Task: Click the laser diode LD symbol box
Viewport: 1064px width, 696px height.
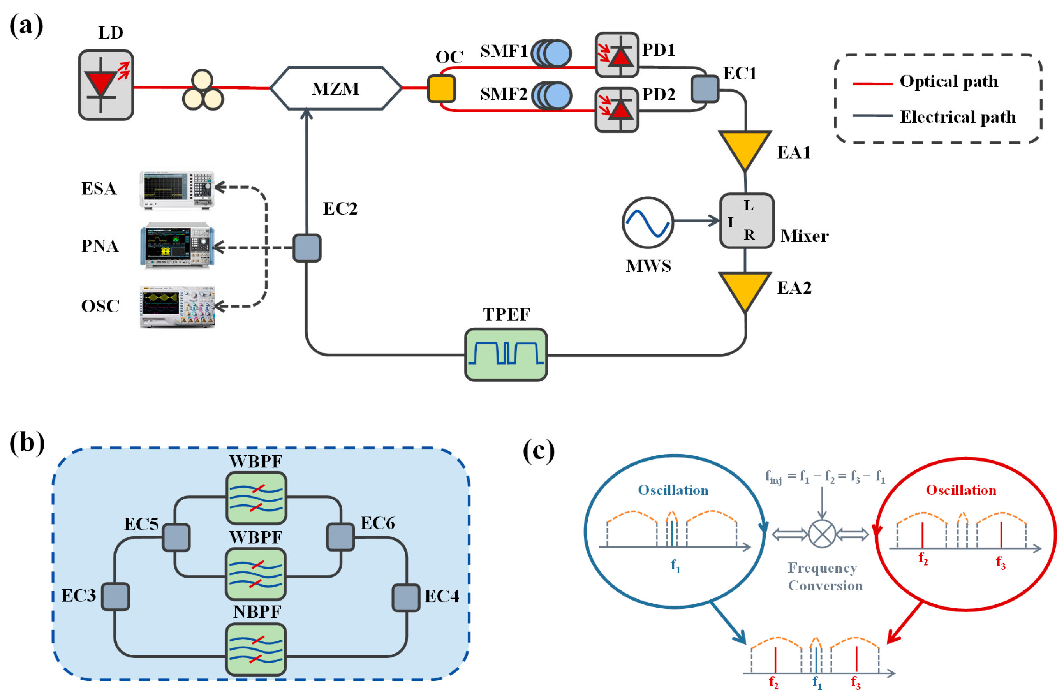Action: click(106, 85)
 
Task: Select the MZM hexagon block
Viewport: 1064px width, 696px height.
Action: click(336, 88)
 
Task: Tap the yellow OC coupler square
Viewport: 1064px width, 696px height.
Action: click(441, 88)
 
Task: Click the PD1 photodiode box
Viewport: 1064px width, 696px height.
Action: click(617, 55)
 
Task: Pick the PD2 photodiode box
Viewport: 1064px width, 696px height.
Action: click(617, 110)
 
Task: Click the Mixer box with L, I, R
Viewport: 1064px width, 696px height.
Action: click(746, 220)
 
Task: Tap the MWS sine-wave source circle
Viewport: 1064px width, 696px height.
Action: click(647, 222)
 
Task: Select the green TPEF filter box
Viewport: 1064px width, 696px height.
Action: click(506, 354)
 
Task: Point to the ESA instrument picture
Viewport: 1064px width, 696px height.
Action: click(177, 190)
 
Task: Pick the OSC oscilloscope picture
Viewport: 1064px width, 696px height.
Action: click(177, 307)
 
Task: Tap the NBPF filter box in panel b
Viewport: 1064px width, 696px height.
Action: click(256, 648)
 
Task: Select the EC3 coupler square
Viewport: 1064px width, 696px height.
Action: click(115, 596)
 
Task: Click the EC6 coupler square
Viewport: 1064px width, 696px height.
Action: click(341, 537)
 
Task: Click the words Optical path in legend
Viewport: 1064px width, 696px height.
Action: click(949, 81)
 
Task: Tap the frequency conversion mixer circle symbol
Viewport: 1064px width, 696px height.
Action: click(822, 534)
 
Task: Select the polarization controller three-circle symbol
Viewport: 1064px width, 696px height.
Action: click(203, 90)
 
